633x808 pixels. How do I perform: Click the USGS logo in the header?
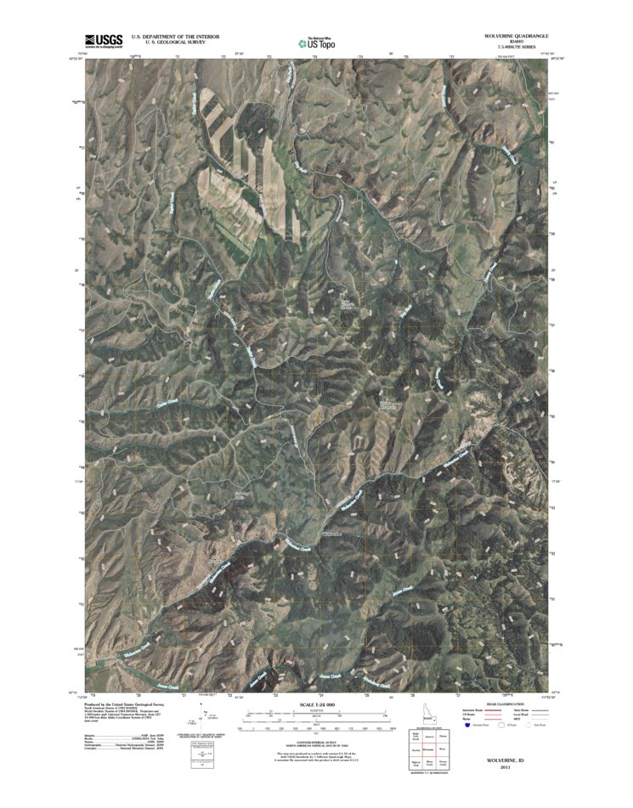pos(104,41)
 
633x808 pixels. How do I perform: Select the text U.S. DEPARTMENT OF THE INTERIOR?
pos(175,37)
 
